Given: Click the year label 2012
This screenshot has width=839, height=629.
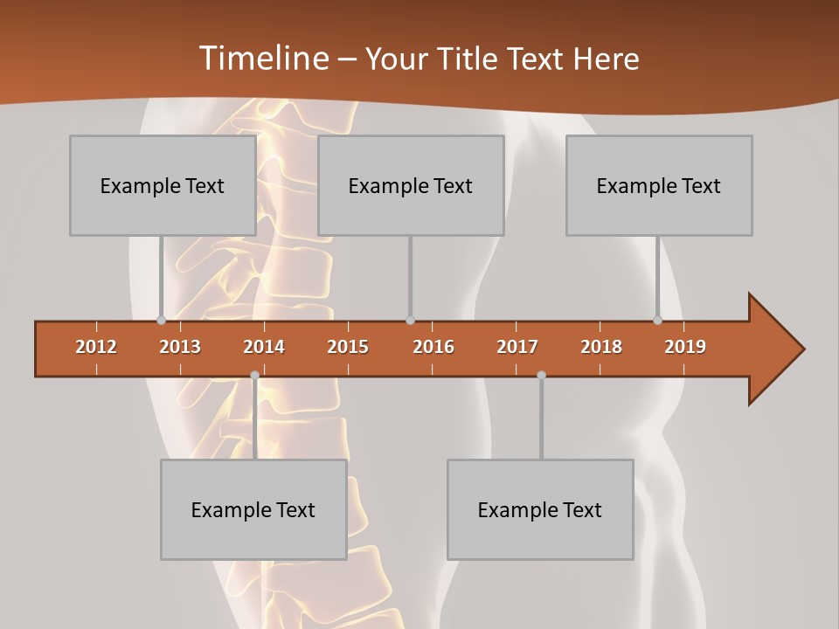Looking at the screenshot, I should pyautogui.click(x=96, y=347).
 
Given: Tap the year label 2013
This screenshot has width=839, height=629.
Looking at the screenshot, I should pyautogui.click(x=180, y=347).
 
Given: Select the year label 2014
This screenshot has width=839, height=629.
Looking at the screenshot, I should pyautogui.click(x=264, y=347).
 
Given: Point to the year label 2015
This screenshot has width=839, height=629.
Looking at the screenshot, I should pyautogui.click(x=348, y=347).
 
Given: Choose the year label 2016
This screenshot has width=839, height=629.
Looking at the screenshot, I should pyautogui.click(x=433, y=347).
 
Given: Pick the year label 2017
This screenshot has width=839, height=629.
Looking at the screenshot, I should pyautogui.click(x=517, y=347).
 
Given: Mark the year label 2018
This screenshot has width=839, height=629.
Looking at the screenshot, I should pyautogui.click(x=601, y=347).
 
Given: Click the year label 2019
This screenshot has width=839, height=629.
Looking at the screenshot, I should pyautogui.click(x=685, y=347).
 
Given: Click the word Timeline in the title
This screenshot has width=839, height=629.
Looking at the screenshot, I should pyautogui.click(x=263, y=59).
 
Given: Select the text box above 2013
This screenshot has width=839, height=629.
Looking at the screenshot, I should pyautogui.click(x=163, y=185).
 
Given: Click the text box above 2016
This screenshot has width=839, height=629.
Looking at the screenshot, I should pyautogui.click(x=411, y=185).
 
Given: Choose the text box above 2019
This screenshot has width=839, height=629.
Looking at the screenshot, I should pyautogui.click(x=659, y=185).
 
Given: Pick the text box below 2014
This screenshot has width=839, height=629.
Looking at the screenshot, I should pyautogui.click(x=253, y=509).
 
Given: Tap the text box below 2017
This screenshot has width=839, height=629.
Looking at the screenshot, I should pyautogui.click(x=540, y=509).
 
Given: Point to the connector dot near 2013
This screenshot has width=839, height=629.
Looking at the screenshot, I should pyautogui.click(x=161, y=320).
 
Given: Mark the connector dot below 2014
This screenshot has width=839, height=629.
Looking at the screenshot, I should pyautogui.click(x=254, y=375).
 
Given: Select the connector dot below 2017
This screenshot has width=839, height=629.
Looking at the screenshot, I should pyautogui.click(x=541, y=375).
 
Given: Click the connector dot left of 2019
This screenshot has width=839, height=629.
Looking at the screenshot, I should pyautogui.click(x=657, y=320).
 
